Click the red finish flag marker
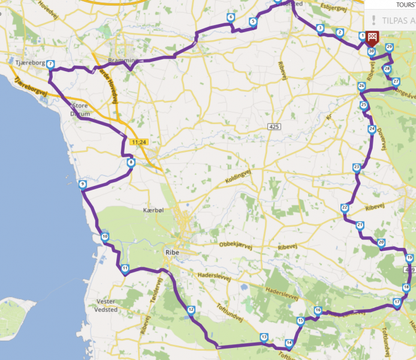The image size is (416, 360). (x=372, y=38)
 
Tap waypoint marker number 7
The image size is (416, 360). (x=50, y=64)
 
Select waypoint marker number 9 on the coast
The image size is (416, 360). (x=82, y=184)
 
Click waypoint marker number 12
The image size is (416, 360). (x=191, y=310)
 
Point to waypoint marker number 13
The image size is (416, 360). (x=264, y=338)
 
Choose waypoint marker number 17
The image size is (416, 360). (x=396, y=302)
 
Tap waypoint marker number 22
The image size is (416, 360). (x=344, y=208)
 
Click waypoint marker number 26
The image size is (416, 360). (x=361, y=86)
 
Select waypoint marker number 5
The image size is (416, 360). (x=253, y=22)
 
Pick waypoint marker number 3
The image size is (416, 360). (x=321, y=28)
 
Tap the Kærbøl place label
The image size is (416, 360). (x=153, y=210)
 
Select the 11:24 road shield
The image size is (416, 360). (x=138, y=142)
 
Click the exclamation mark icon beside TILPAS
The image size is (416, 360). (x=373, y=19)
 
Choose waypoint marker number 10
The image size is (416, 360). (x=105, y=237)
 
